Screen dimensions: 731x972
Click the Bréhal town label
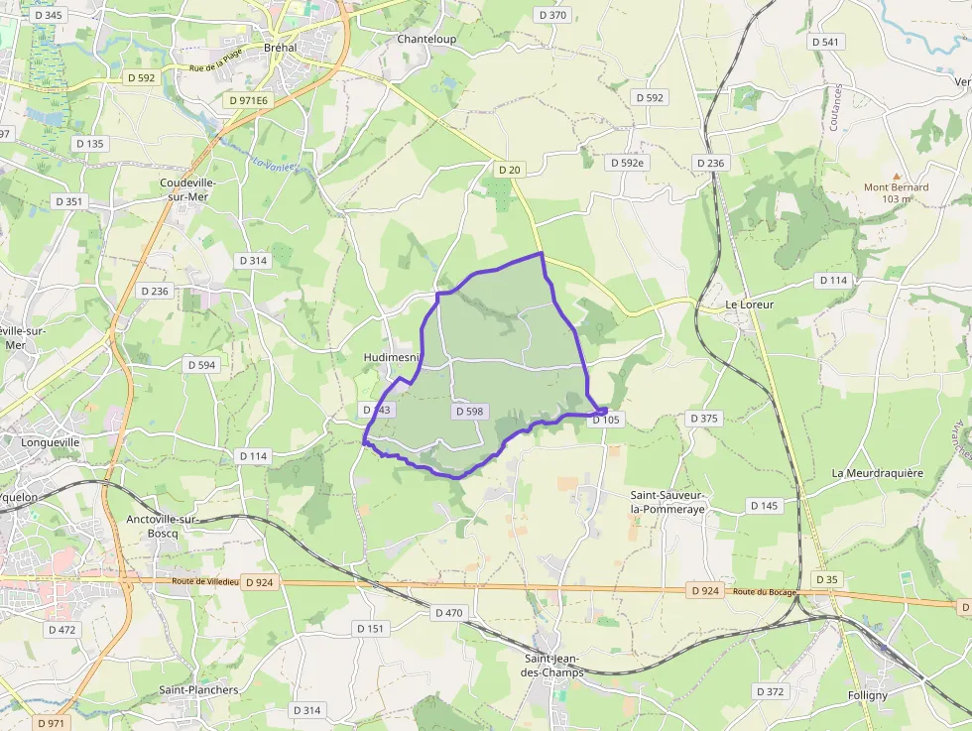coord(280,48)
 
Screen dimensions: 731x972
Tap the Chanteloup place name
coord(426,40)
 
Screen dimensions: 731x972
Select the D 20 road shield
coord(509,170)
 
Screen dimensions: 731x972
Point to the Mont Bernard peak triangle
coord(897,176)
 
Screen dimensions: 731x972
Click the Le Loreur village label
coord(750,305)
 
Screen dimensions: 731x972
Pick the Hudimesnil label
coord(392,357)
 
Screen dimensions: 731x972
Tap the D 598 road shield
coord(470,411)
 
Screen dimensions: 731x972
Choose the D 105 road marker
coord(605,420)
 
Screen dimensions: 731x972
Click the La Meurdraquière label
coord(877,473)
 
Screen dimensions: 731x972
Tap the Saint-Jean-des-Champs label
coord(553,665)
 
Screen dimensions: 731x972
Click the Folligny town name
coord(868,695)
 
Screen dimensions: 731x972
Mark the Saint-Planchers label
coord(198,689)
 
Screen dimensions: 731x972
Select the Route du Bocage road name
coord(766,592)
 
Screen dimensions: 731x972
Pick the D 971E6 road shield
coord(248,100)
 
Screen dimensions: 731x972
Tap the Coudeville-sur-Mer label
coord(187,189)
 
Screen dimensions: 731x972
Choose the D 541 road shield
coord(825,42)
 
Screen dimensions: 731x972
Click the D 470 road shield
coord(448,613)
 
